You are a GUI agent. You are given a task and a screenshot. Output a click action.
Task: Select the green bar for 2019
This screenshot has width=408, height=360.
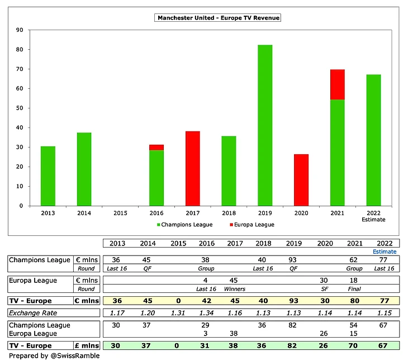click(265, 125)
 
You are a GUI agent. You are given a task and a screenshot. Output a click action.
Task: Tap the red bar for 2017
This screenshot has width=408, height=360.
click(192, 168)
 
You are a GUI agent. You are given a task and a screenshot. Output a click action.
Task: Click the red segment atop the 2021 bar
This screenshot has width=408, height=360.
click(338, 84)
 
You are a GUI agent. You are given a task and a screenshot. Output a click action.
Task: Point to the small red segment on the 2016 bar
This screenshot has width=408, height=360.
click(156, 147)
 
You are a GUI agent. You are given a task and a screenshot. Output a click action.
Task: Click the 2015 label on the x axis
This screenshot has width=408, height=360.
click(120, 213)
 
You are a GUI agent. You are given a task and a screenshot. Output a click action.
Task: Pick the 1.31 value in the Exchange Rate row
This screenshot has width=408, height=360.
click(177, 312)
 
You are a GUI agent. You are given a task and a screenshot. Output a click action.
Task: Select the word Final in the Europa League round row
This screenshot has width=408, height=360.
click(353, 289)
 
